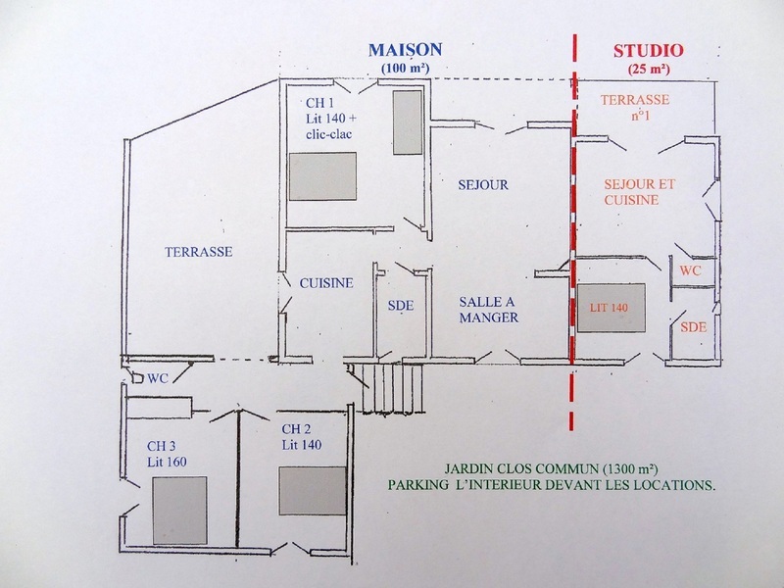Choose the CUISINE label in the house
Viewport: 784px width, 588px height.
click(x=326, y=282)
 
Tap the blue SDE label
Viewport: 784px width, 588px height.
click(x=402, y=305)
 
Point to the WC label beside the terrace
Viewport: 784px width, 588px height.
click(x=159, y=377)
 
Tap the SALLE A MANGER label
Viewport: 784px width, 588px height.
click(x=487, y=309)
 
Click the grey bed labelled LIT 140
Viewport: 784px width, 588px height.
click(x=610, y=309)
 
